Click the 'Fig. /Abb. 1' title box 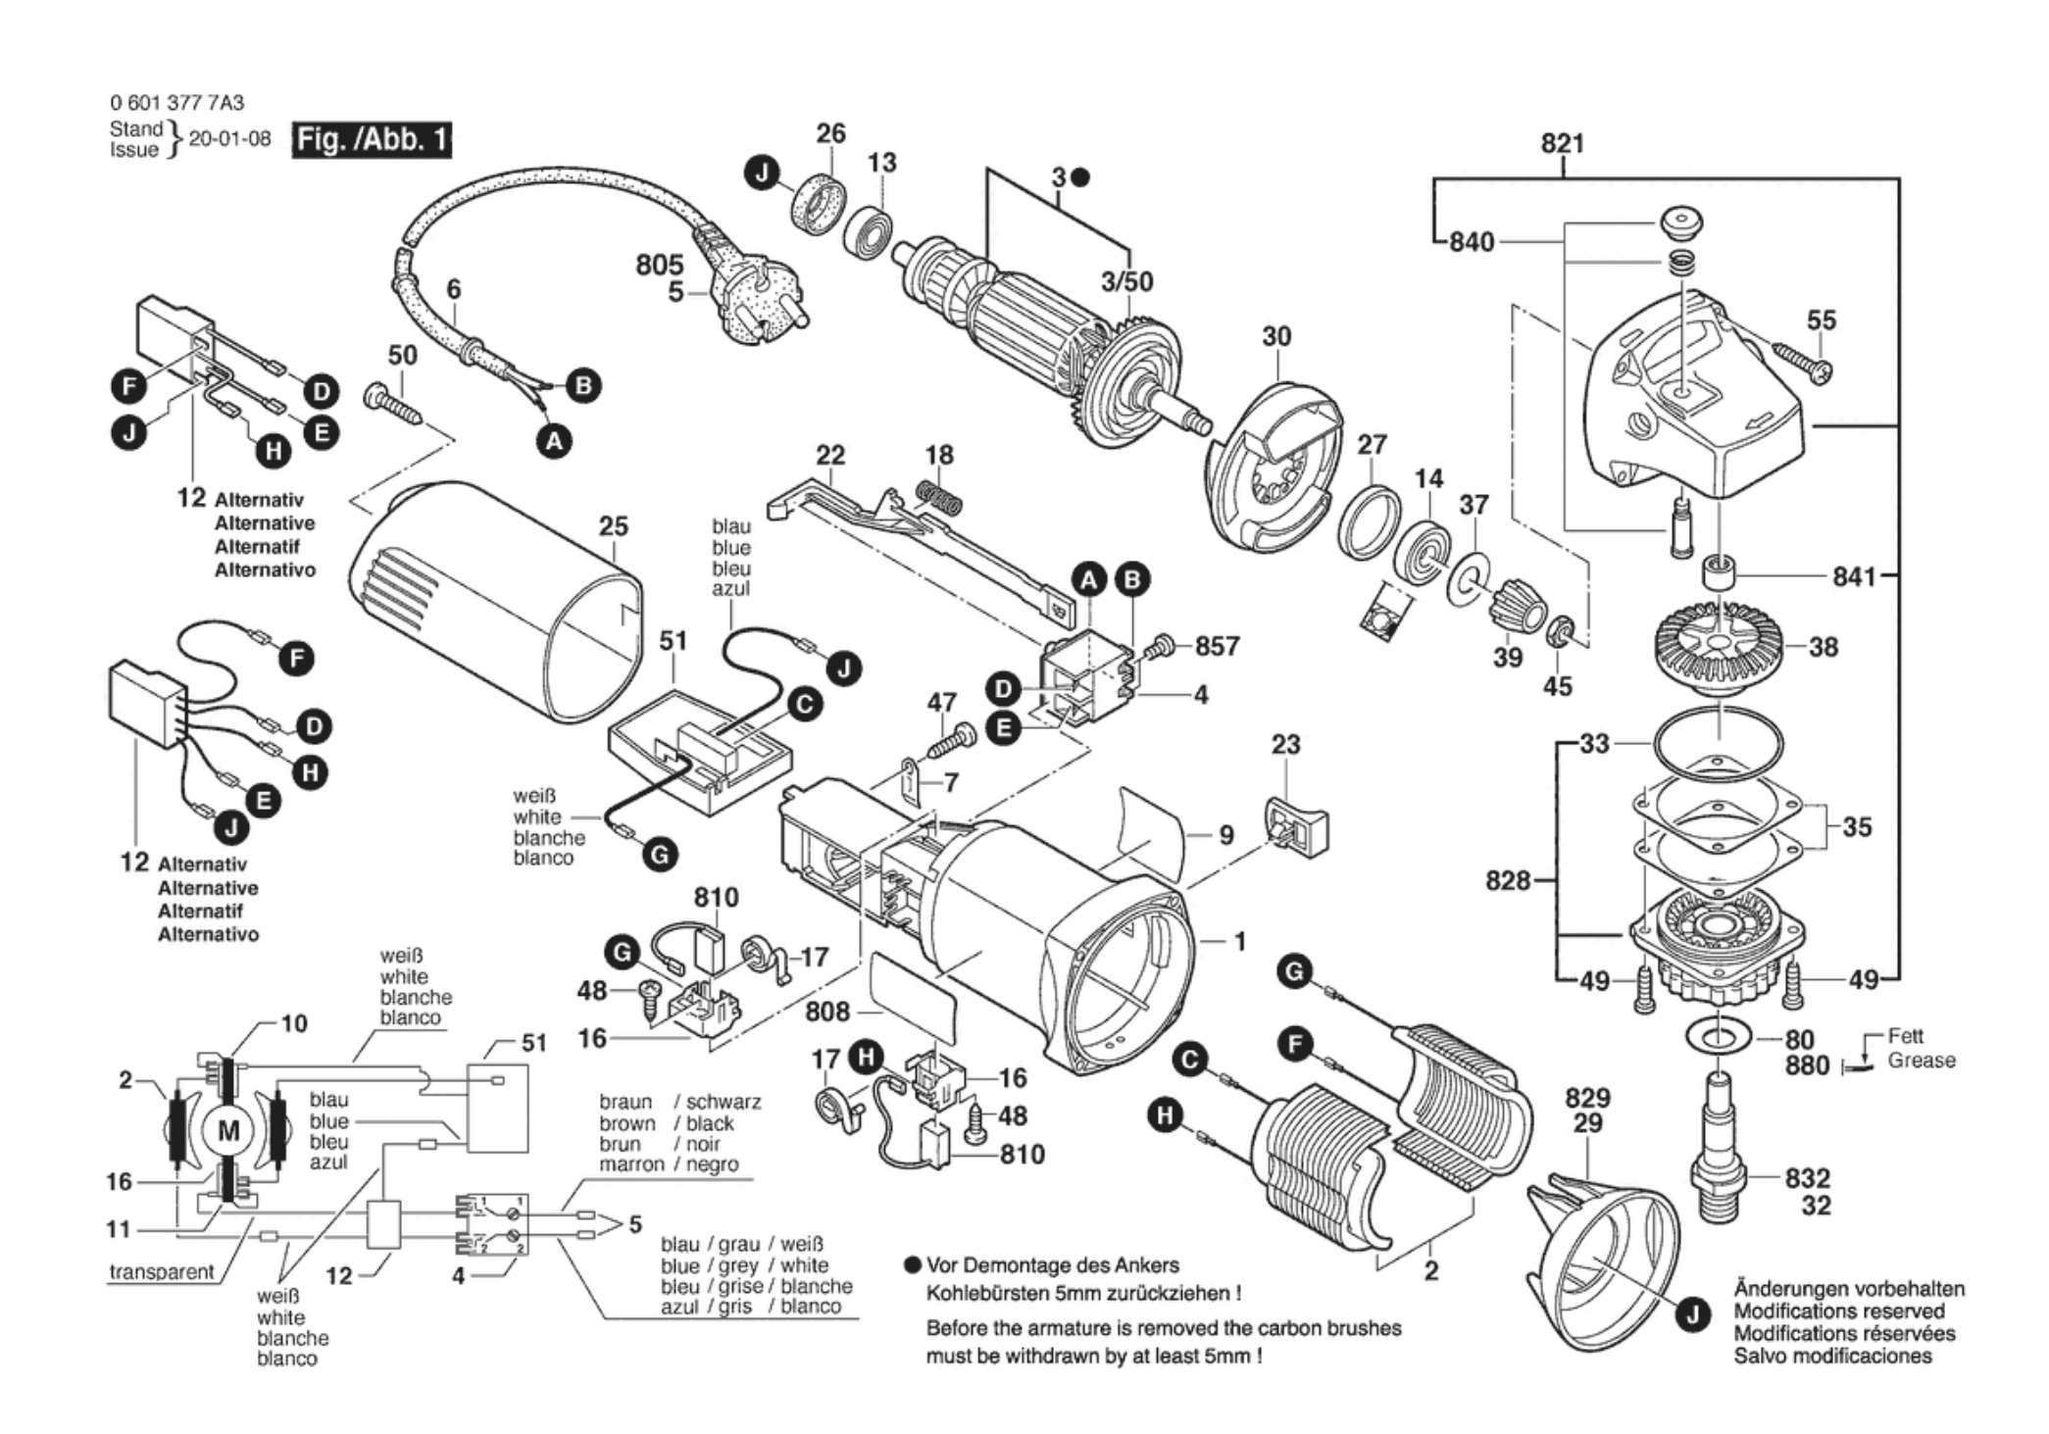tap(372, 140)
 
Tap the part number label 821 tap(1562, 143)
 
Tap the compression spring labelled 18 tap(940, 496)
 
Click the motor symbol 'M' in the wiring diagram tap(227, 1131)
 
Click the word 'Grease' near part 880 tap(1921, 1061)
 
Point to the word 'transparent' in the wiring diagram tap(162, 1271)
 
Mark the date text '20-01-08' tap(229, 138)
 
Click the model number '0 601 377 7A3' tap(177, 103)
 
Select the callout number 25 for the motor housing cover tap(613, 526)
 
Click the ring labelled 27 tap(1369, 522)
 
